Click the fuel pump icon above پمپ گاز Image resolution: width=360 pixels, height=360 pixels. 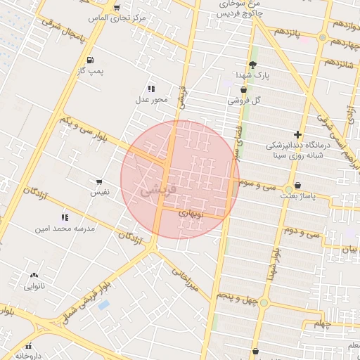[x=90, y=60]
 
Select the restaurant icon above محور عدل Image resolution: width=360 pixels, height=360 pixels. [x=151, y=89]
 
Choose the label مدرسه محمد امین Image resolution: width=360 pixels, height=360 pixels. [x=64, y=229]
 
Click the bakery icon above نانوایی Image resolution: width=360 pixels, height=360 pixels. [x=34, y=276]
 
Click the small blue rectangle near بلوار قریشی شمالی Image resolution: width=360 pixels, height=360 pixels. [x=104, y=305]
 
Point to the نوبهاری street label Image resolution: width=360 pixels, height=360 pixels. [x=191, y=211]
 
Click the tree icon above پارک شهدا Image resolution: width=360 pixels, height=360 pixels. [x=252, y=65]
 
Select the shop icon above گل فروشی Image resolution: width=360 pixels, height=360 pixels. [x=243, y=90]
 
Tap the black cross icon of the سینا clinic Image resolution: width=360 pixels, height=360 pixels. [x=298, y=134]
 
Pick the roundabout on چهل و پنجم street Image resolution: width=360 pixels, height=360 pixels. [x=264, y=302]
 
